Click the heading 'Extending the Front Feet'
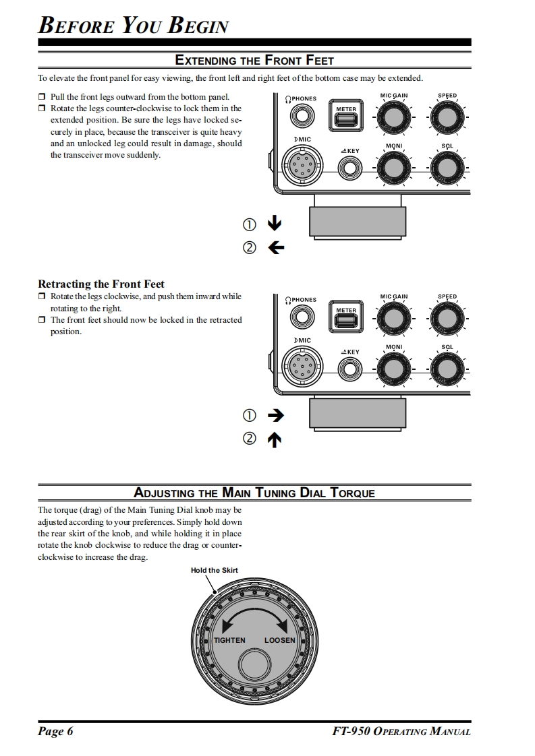(254, 61)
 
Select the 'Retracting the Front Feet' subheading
(101, 284)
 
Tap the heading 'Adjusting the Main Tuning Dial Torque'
(254, 493)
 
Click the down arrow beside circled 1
(275, 224)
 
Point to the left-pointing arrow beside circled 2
(275, 248)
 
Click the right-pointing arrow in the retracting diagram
(275, 415)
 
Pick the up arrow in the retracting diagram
(275, 440)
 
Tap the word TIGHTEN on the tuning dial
(229, 640)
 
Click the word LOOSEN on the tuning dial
(279, 640)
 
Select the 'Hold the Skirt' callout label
(214, 570)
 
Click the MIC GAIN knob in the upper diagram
(394, 119)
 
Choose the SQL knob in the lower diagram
(447, 368)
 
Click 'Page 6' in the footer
(55, 732)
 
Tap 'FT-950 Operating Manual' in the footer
(401, 732)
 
